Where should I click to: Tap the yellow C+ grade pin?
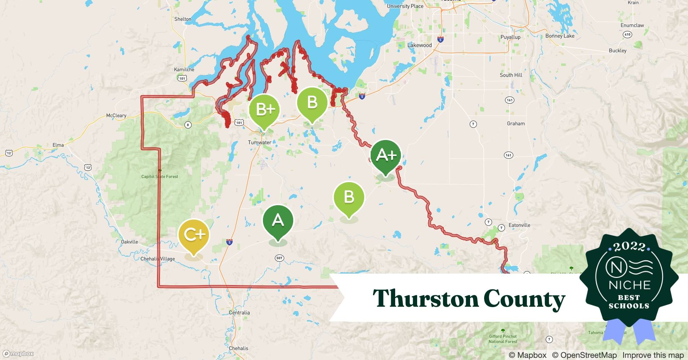(194, 235)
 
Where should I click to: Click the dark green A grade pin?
(278, 220)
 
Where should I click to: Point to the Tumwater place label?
(259, 143)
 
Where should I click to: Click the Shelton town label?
(183, 19)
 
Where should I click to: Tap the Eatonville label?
(519, 225)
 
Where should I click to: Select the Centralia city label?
(239, 312)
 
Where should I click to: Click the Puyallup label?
(510, 37)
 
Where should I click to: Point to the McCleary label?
(116, 116)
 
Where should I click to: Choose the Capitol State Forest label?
(159, 176)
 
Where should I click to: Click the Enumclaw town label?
(632, 25)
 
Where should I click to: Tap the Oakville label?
(129, 242)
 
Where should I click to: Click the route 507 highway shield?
(279, 258)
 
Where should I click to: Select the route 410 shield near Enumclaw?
(627, 35)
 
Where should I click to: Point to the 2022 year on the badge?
(629, 247)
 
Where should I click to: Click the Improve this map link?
(653, 355)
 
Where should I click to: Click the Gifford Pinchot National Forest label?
(503, 339)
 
